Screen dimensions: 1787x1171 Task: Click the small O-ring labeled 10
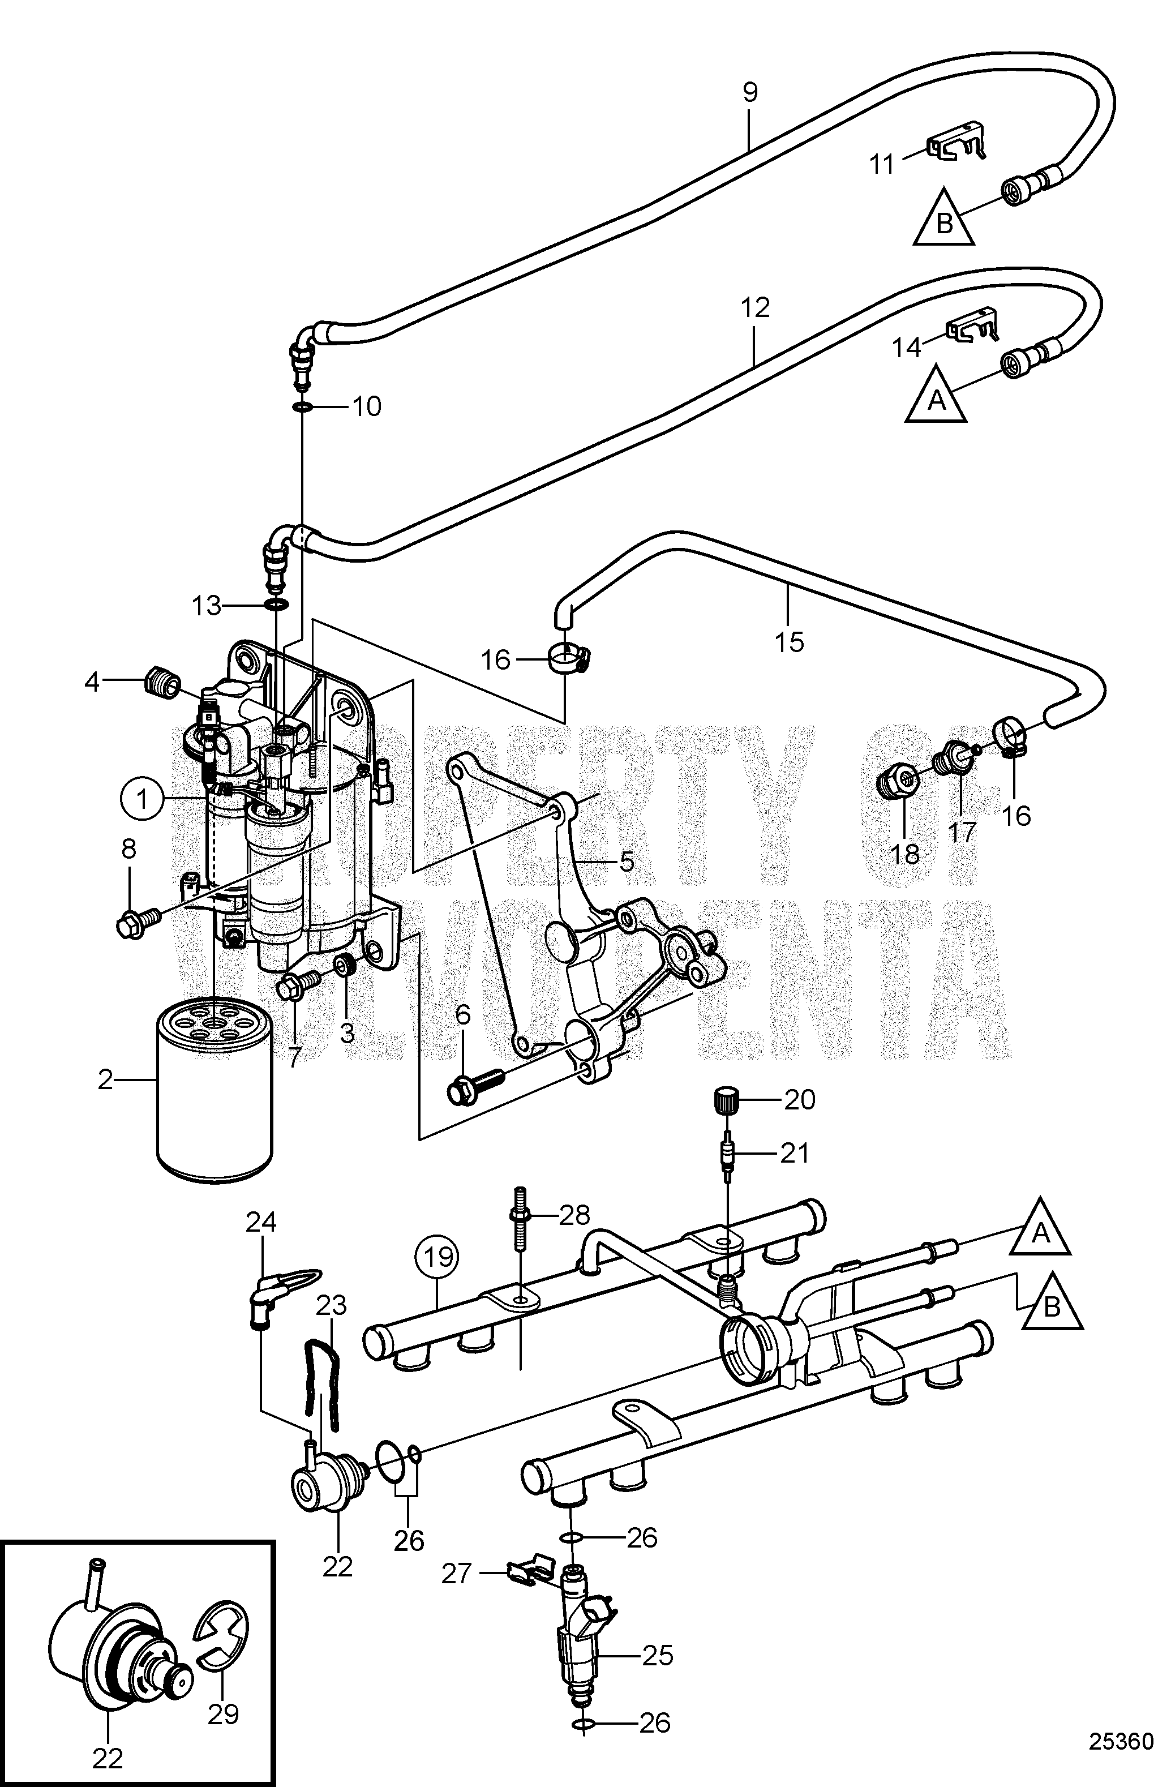coord(302,407)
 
